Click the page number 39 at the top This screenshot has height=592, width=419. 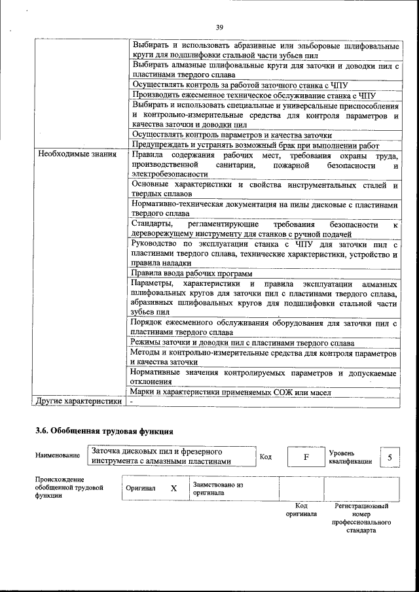(x=219, y=27)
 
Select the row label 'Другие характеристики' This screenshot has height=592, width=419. (x=79, y=401)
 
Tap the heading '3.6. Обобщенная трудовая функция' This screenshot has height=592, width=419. (x=104, y=432)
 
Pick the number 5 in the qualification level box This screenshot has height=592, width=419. (x=390, y=457)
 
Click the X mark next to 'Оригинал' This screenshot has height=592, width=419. (x=173, y=489)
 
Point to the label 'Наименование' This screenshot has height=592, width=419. (x=58, y=456)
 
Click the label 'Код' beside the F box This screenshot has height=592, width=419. (x=266, y=457)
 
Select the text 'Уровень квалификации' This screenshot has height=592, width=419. (x=350, y=457)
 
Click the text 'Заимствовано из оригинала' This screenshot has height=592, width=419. (x=217, y=489)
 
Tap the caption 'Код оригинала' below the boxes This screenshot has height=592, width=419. (x=301, y=510)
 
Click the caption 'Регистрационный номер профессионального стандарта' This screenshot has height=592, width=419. (x=361, y=518)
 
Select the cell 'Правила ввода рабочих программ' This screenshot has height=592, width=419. (x=192, y=273)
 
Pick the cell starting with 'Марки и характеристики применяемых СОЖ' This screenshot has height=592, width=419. (x=231, y=392)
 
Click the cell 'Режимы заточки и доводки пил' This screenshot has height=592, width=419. (x=242, y=343)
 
